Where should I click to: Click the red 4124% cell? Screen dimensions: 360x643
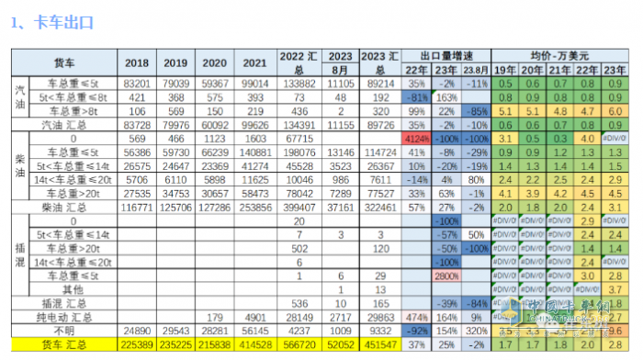pyautogui.click(x=414, y=137)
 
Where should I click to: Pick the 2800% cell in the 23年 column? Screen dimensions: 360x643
pyautogui.click(x=446, y=276)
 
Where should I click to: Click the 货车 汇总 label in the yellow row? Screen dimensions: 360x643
pyautogui.click(x=65, y=344)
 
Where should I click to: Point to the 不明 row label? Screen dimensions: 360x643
pyautogui.click(x=65, y=331)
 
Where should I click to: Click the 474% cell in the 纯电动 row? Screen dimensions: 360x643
pyautogui.click(x=414, y=317)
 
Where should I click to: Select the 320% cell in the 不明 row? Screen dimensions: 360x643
pyautogui.click(x=476, y=331)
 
